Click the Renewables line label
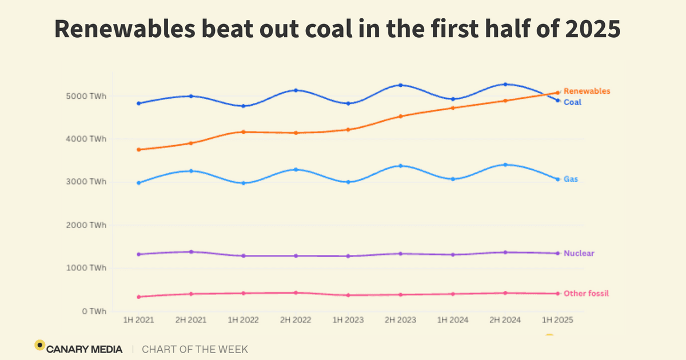click(x=587, y=91)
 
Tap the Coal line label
click(x=572, y=102)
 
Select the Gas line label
click(x=571, y=179)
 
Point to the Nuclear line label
click(x=579, y=253)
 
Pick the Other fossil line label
click(x=586, y=293)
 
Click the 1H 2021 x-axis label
click(x=138, y=321)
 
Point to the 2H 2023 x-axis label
click(x=400, y=321)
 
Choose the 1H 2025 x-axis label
click(x=557, y=321)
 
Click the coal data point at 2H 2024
click(x=505, y=85)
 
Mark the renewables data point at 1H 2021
click(x=138, y=150)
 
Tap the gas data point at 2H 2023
click(x=400, y=166)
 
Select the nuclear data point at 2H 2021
click(x=191, y=251)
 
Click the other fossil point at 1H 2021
click(x=138, y=297)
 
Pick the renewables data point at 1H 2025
click(x=557, y=93)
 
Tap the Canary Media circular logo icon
click(x=39, y=345)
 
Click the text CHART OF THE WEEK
click(x=195, y=349)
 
